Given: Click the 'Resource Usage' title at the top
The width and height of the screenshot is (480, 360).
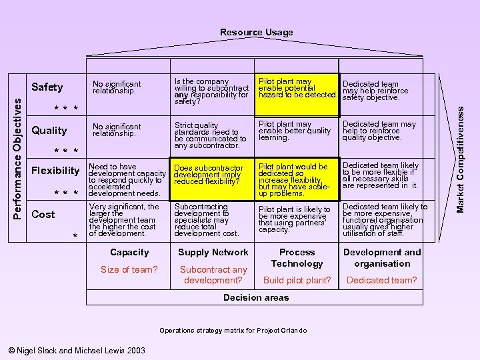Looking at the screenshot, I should (x=256, y=32).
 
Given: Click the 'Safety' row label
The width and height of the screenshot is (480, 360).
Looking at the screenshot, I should (x=47, y=87).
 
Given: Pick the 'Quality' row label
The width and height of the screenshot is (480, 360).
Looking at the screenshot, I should (x=49, y=131).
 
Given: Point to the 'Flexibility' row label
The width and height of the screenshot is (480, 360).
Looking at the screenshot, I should (x=56, y=170).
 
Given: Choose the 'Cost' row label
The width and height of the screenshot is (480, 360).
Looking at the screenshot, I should (x=43, y=214).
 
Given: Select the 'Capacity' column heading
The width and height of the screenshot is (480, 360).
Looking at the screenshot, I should (x=129, y=252).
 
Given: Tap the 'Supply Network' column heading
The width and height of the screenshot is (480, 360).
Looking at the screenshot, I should (x=213, y=252).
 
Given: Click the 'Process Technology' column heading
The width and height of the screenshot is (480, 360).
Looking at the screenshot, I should (x=297, y=257).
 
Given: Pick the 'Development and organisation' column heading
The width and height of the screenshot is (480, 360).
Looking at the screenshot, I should (x=382, y=257).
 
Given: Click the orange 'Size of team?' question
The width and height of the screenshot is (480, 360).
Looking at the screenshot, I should (x=129, y=269).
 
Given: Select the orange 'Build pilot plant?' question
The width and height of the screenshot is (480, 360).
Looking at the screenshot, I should (x=297, y=281).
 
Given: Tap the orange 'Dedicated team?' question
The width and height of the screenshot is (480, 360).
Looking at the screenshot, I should (x=382, y=281).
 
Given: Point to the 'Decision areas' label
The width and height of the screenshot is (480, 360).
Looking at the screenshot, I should (x=256, y=297).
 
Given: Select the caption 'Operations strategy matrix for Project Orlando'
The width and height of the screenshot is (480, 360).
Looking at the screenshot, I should (x=233, y=331).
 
